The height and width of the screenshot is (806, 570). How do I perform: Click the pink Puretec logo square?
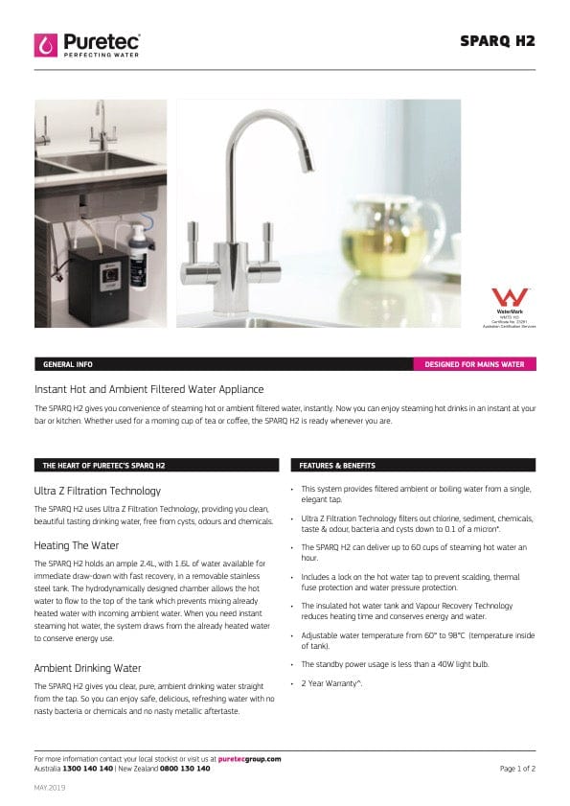pos(45,44)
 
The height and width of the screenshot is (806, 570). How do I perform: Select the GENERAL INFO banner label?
pos(67,365)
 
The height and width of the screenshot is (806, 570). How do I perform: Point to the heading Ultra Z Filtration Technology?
pos(97,490)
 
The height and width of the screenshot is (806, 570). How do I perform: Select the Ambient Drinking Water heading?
pos(87,667)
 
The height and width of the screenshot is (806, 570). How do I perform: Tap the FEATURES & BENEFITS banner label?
pos(337,466)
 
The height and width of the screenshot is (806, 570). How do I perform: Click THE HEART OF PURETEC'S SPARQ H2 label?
pos(103,466)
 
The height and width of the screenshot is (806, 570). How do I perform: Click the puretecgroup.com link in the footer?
pos(249,758)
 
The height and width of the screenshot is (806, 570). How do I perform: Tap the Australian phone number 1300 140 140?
pos(87,768)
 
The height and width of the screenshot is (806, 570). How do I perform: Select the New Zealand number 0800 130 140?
pos(185,768)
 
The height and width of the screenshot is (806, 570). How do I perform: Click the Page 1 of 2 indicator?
pos(517,768)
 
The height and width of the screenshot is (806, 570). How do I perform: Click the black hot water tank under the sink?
pos(101,274)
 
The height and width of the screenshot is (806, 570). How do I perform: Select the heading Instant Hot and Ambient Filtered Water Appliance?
pos(148,389)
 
